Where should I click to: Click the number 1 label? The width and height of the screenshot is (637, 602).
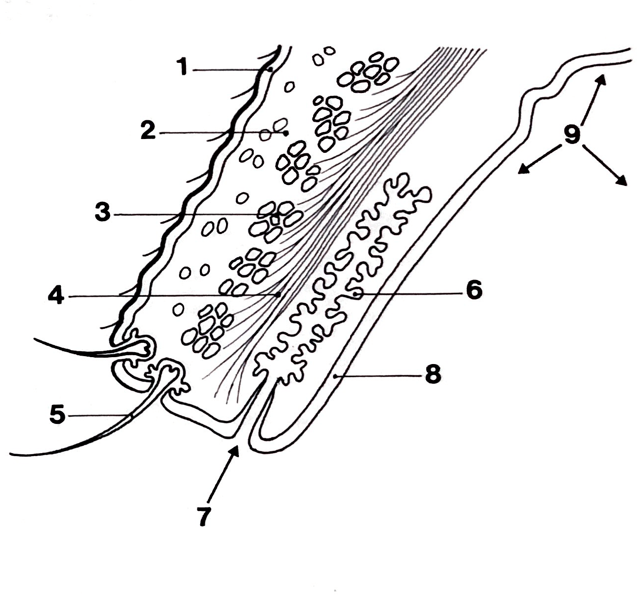(x=183, y=67)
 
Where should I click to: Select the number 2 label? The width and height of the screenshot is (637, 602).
(x=148, y=130)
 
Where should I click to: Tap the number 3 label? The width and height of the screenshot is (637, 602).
(x=103, y=212)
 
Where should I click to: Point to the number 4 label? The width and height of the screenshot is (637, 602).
(x=56, y=295)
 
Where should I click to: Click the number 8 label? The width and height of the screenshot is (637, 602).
(x=433, y=374)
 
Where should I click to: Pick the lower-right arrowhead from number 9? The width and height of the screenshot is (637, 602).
(x=621, y=181)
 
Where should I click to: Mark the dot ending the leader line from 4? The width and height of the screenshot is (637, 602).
(x=278, y=294)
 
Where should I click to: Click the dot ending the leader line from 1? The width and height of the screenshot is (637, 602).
(x=271, y=69)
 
